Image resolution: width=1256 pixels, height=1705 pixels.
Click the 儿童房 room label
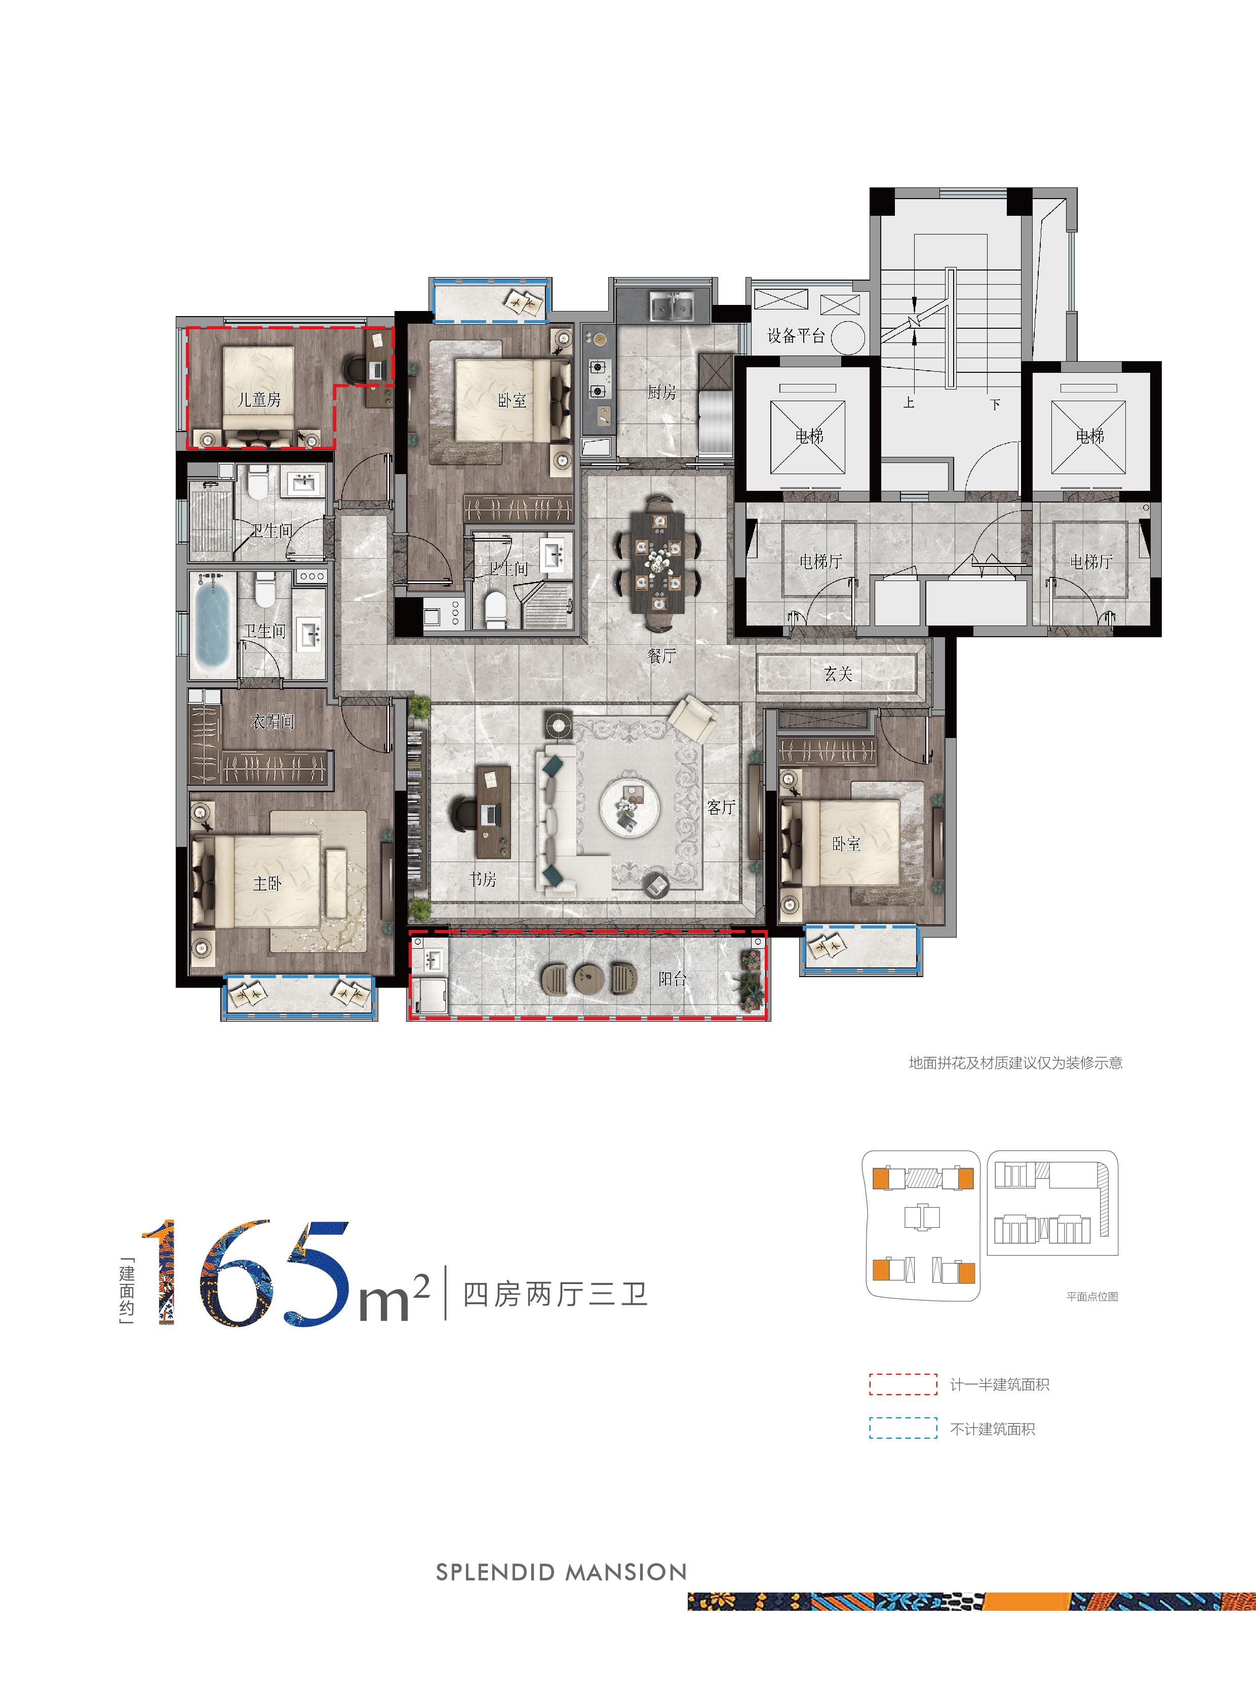coord(259,399)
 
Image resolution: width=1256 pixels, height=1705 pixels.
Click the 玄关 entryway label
coord(838,674)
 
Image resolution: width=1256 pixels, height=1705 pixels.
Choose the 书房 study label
coord(482,879)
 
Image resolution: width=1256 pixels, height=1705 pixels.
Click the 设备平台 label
coord(796,336)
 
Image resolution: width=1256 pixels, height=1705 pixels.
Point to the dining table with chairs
coord(658,563)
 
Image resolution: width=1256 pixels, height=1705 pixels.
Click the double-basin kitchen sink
coord(672,306)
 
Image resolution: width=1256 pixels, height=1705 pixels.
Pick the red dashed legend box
coord(903,1384)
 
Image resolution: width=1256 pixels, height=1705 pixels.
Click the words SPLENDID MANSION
coord(561,1572)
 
